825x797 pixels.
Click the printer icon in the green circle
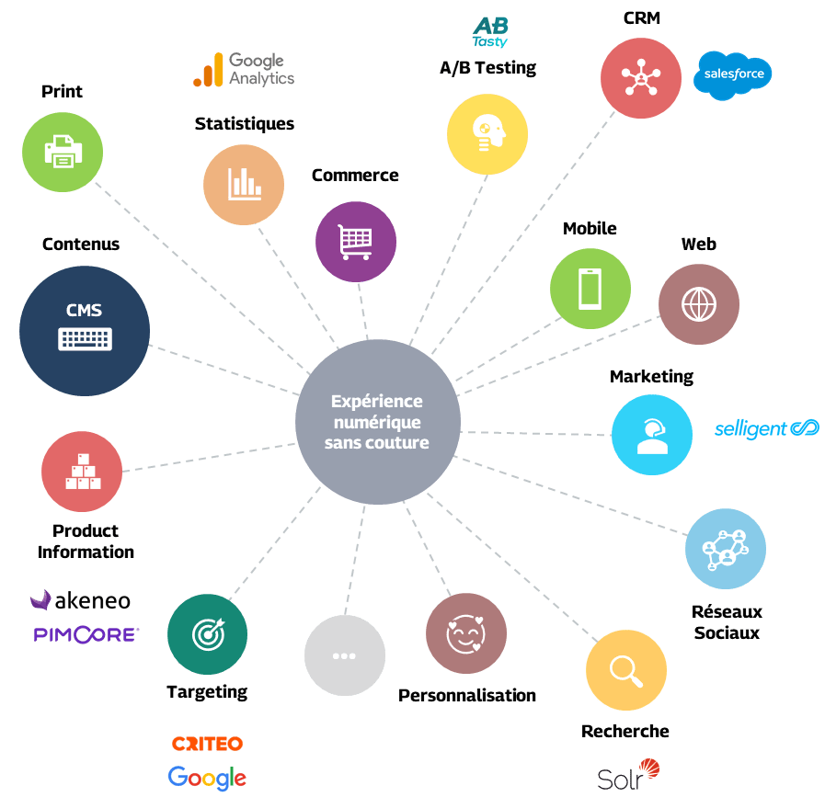click(x=63, y=151)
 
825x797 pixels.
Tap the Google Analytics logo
click(x=244, y=69)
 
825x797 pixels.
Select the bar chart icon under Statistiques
click(x=244, y=184)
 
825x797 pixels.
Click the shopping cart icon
click(x=356, y=242)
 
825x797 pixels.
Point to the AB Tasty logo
click(x=490, y=33)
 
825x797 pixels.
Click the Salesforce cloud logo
click(x=733, y=74)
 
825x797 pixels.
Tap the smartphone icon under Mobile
click(x=590, y=289)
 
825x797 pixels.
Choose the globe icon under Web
click(x=698, y=304)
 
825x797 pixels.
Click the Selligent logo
click(x=767, y=429)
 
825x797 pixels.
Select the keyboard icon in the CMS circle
click(x=85, y=339)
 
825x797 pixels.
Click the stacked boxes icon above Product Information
click(x=82, y=472)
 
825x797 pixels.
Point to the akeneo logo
click(x=80, y=601)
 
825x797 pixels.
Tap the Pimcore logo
click(x=85, y=633)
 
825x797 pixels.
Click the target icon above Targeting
click(x=207, y=633)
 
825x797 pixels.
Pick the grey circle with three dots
click(x=344, y=655)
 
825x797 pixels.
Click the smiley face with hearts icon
click(x=465, y=632)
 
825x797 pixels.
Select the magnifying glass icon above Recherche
click(x=625, y=670)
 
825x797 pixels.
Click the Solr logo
click(x=628, y=775)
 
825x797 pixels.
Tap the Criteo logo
click(x=207, y=744)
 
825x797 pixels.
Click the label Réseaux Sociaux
click(x=727, y=621)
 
